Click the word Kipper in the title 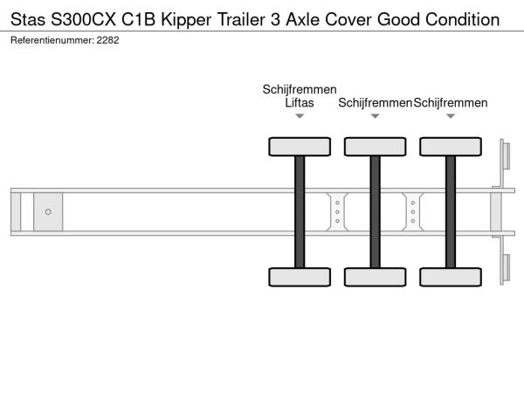click(186, 20)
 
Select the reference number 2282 click(107, 40)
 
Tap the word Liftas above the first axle click(300, 103)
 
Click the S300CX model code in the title click(83, 20)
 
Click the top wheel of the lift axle click(300, 147)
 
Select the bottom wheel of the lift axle click(300, 277)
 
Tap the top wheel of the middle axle click(376, 147)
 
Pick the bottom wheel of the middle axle click(376, 277)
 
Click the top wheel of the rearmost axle click(451, 147)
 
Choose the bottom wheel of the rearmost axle click(451, 277)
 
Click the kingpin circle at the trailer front click(48, 212)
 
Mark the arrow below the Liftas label click(300, 116)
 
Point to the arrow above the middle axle click(376, 116)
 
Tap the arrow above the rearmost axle click(451, 116)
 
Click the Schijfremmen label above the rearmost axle click(451, 103)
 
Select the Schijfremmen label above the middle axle click(375, 103)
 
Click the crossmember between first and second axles click(337, 212)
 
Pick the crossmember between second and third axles click(413, 212)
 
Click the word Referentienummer click(52, 40)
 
